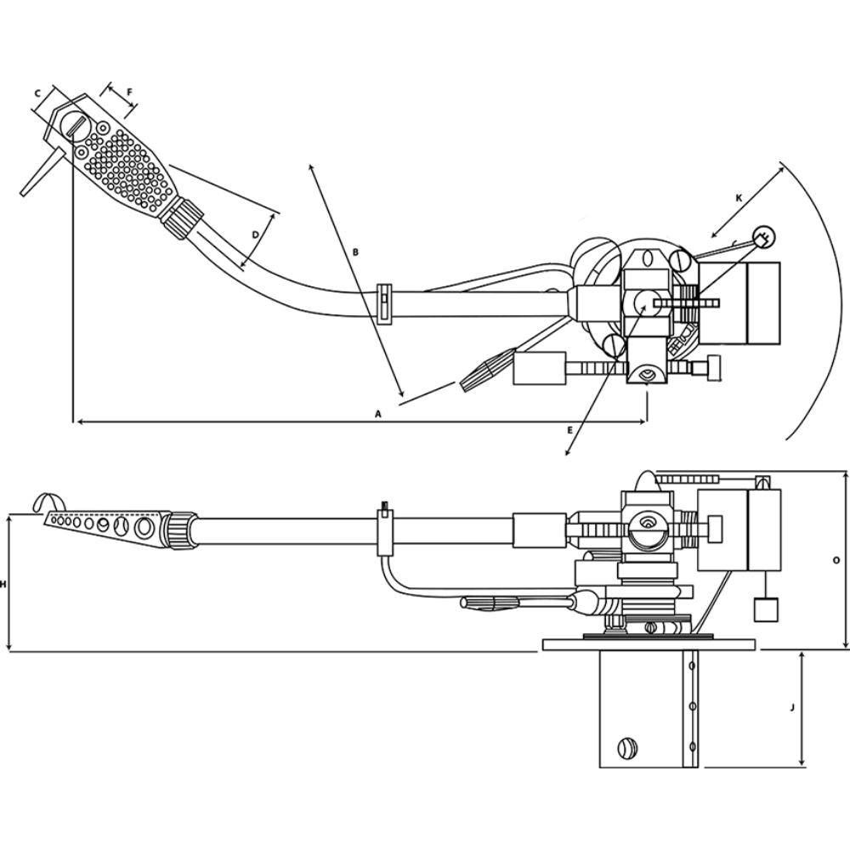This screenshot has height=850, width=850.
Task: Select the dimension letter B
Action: coord(356,252)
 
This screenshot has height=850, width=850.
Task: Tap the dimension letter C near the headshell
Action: coord(37,91)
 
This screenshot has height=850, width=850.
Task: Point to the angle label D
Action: coord(255,234)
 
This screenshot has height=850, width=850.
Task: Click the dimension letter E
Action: coord(569,430)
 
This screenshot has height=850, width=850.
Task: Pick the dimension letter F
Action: coord(130,91)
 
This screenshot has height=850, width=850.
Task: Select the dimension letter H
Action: coord(3,585)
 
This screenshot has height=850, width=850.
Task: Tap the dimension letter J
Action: coord(792,706)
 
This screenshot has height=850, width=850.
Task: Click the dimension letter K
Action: coord(739,198)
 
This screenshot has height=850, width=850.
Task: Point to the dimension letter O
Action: coord(836,560)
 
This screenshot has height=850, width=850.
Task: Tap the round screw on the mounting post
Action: coord(627,748)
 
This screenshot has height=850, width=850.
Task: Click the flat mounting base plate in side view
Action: coord(649,643)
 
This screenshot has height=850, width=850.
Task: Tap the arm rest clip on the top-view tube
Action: coord(383,302)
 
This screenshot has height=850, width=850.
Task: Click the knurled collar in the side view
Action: coord(181,529)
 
